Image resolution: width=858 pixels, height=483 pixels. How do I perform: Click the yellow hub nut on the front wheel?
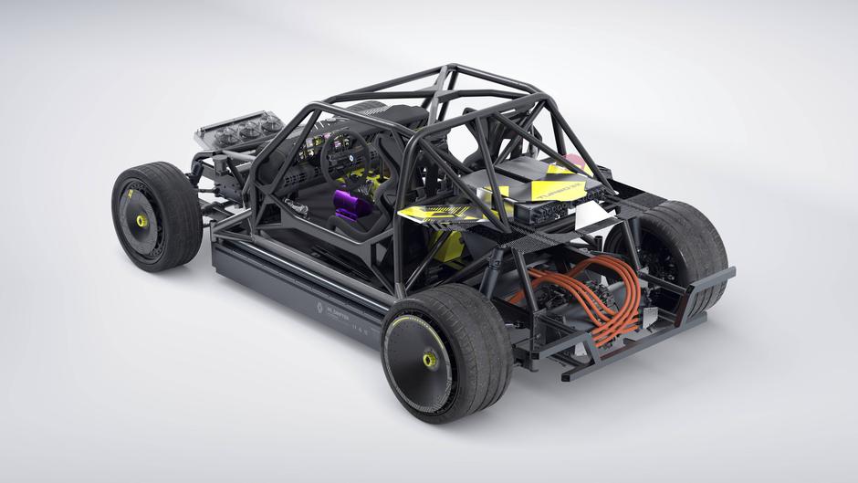(x=142, y=222)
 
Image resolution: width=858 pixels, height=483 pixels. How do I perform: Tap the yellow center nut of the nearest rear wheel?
(x=430, y=361)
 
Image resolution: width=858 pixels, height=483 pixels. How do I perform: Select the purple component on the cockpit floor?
(x=351, y=205)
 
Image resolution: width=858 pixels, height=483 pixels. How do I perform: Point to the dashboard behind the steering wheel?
(x=315, y=146)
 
